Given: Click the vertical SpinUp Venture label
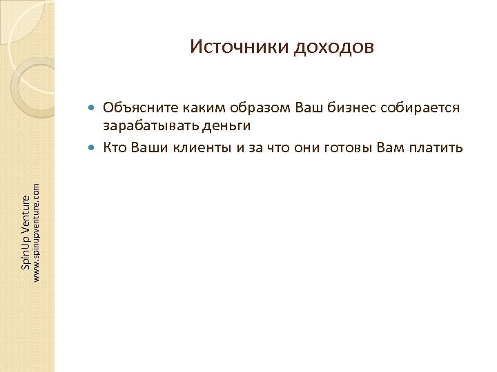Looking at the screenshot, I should tap(25, 232).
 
